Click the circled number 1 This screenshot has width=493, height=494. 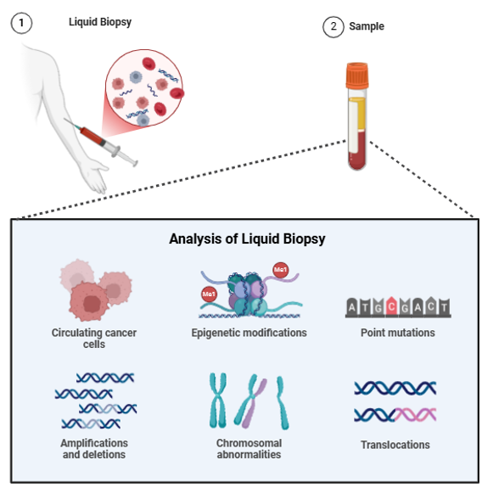tap(21, 23)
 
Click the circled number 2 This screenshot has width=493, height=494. tap(333, 27)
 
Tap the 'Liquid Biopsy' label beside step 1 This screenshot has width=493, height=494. tap(100, 22)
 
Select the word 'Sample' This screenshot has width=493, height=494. tap(367, 26)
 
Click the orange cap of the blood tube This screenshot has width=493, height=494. tap(357, 76)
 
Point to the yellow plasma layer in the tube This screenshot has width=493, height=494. tap(361, 114)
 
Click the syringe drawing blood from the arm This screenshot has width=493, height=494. tap(102, 141)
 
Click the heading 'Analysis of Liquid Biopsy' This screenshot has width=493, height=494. tap(247, 239)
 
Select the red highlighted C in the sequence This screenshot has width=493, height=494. tap(391, 306)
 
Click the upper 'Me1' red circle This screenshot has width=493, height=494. tap(280, 270)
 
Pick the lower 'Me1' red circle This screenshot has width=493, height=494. tap(209, 295)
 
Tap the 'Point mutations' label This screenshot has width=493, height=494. tap(398, 333)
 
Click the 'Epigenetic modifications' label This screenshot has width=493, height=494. tap(249, 333)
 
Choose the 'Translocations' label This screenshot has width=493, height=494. tap(395, 445)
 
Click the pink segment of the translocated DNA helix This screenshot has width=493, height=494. tap(416, 414)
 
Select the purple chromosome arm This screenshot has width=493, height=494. tap(254, 403)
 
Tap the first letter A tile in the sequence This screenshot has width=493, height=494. tap(351, 306)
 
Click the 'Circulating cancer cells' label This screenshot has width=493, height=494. tap(94, 339)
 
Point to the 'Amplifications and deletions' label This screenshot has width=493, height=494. tap(94, 449)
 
